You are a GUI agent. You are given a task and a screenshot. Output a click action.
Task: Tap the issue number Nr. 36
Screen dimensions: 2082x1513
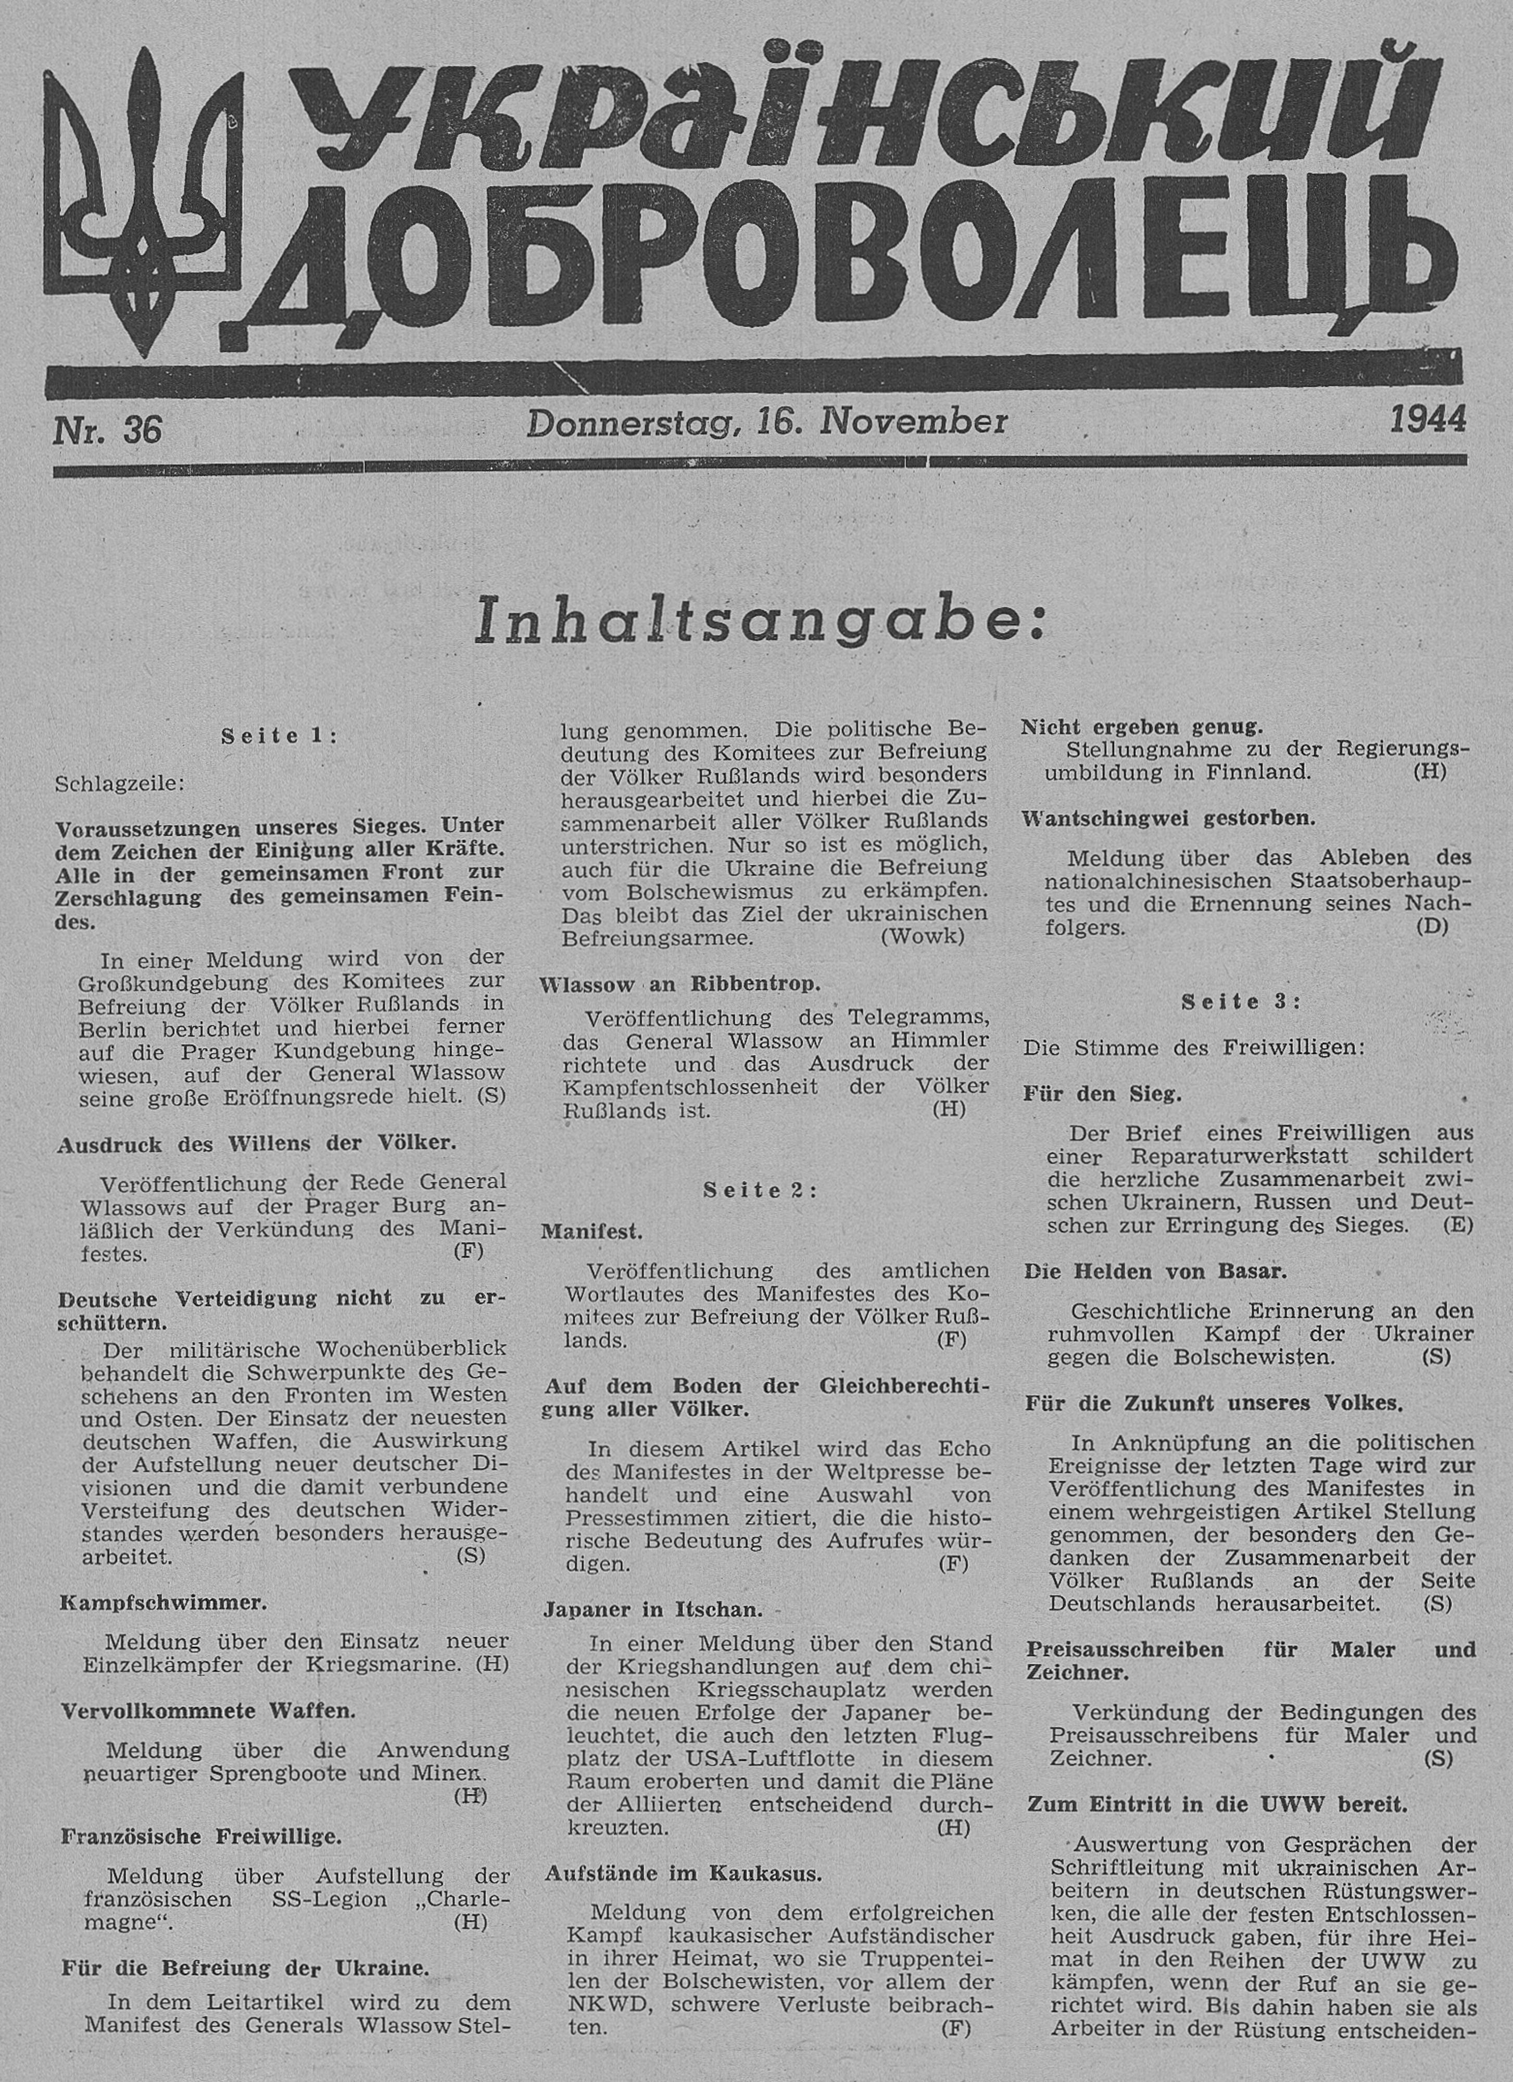(x=107, y=430)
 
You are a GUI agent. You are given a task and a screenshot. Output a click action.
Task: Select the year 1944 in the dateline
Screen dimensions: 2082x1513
(x=1428, y=420)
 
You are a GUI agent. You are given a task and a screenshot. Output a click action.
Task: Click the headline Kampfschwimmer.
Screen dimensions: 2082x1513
(x=163, y=1602)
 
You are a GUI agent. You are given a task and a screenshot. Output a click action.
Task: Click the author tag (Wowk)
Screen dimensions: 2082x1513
(x=923, y=936)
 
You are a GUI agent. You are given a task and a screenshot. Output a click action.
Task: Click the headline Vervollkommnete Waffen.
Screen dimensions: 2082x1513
(x=208, y=1710)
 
